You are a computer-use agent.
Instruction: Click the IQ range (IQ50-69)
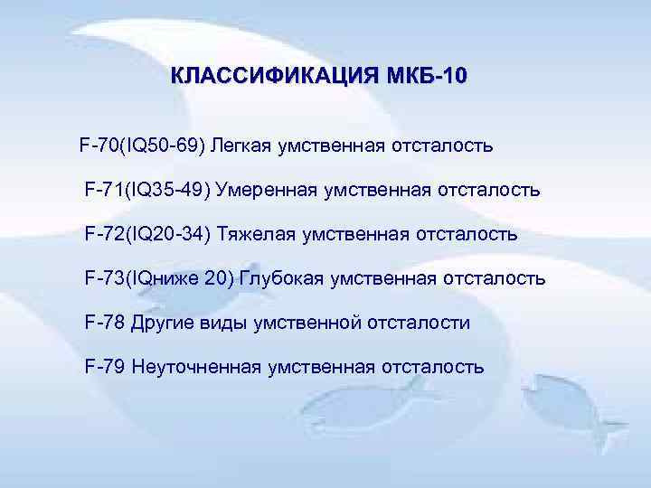164,146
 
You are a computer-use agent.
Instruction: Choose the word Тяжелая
258,235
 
